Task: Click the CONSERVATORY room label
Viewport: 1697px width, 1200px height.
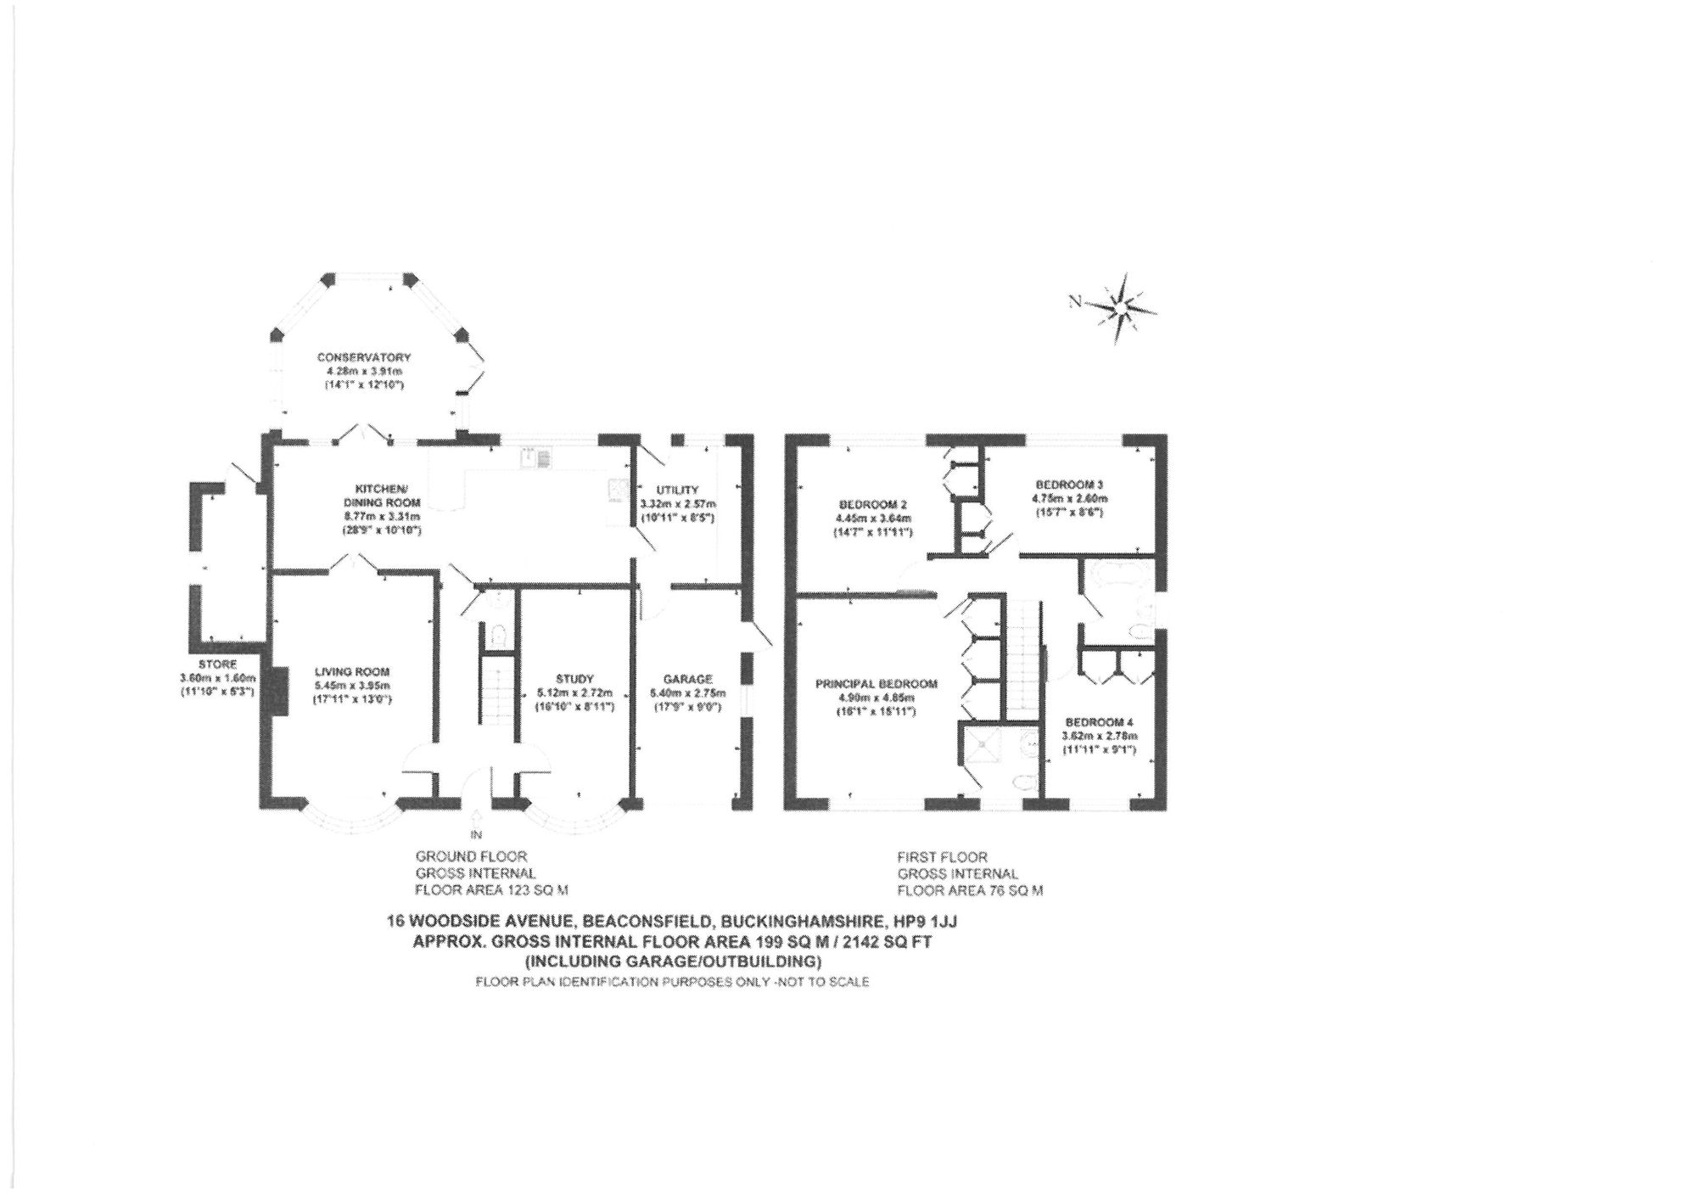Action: click(x=364, y=357)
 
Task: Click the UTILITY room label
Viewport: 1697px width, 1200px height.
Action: click(x=677, y=490)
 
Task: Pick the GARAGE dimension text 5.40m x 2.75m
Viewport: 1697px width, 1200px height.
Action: click(x=687, y=693)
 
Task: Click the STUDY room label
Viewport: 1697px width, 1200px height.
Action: click(x=574, y=679)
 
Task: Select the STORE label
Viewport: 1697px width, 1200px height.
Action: click(x=217, y=664)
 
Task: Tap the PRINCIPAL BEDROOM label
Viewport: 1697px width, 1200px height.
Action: click(x=876, y=684)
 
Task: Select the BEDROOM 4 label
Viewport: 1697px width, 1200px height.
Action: click(x=1101, y=721)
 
